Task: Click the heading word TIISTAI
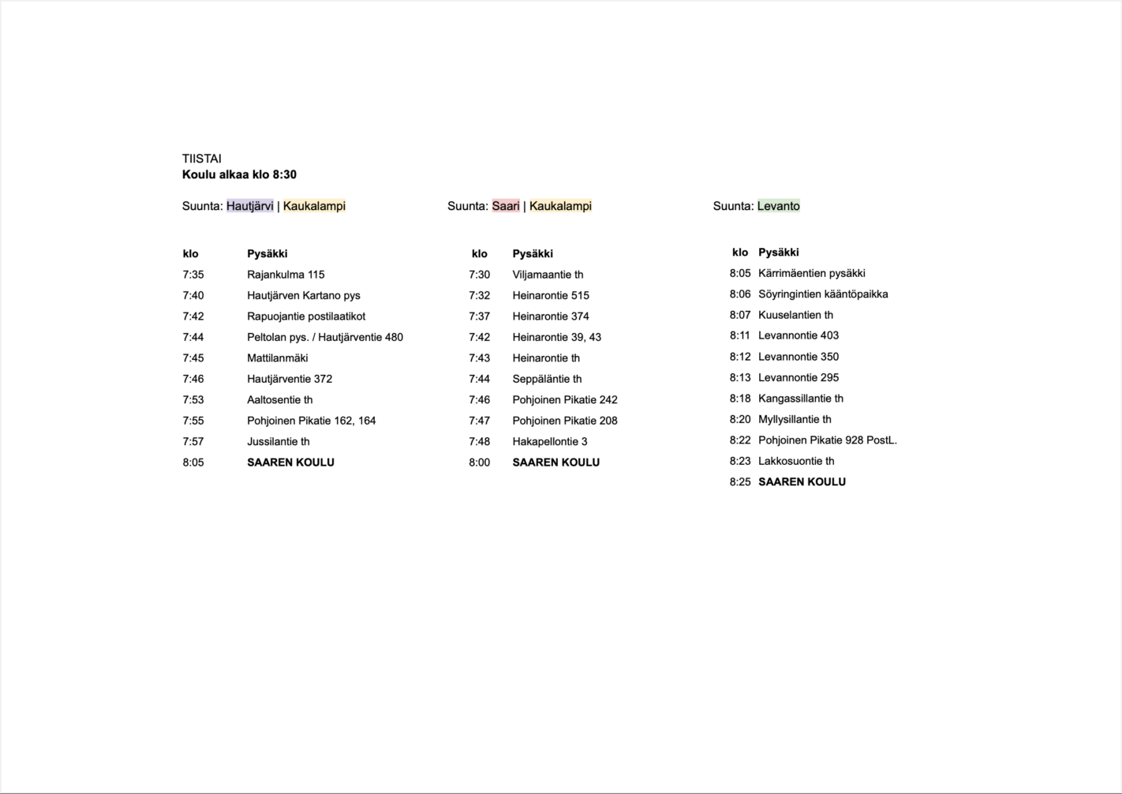(x=201, y=159)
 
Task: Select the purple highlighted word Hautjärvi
(x=249, y=206)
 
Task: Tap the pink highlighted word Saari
(x=506, y=206)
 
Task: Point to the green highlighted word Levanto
(x=778, y=206)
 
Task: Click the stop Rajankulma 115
(x=286, y=275)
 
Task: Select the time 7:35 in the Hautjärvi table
(x=193, y=275)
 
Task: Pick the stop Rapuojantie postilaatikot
(x=306, y=316)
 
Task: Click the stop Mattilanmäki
(x=277, y=358)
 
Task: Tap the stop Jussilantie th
(x=278, y=442)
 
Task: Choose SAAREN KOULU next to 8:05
(x=290, y=463)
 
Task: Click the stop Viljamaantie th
(x=548, y=275)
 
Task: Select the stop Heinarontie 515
(x=551, y=296)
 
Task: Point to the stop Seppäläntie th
(x=547, y=379)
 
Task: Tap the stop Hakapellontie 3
(x=550, y=442)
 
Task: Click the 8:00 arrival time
(x=479, y=463)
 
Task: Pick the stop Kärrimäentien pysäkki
(x=811, y=273)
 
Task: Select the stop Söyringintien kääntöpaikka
(x=823, y=294)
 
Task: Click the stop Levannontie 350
(x=798, y=357)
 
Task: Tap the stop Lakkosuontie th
(x=796, y=461)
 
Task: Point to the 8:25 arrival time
(x=740, y=482)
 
